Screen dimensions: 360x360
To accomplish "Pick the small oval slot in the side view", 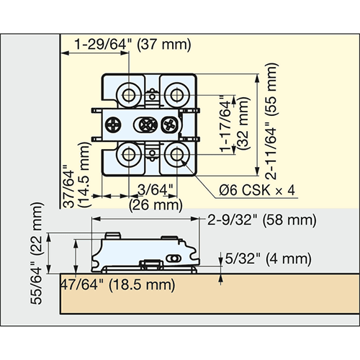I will point(174,258).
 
